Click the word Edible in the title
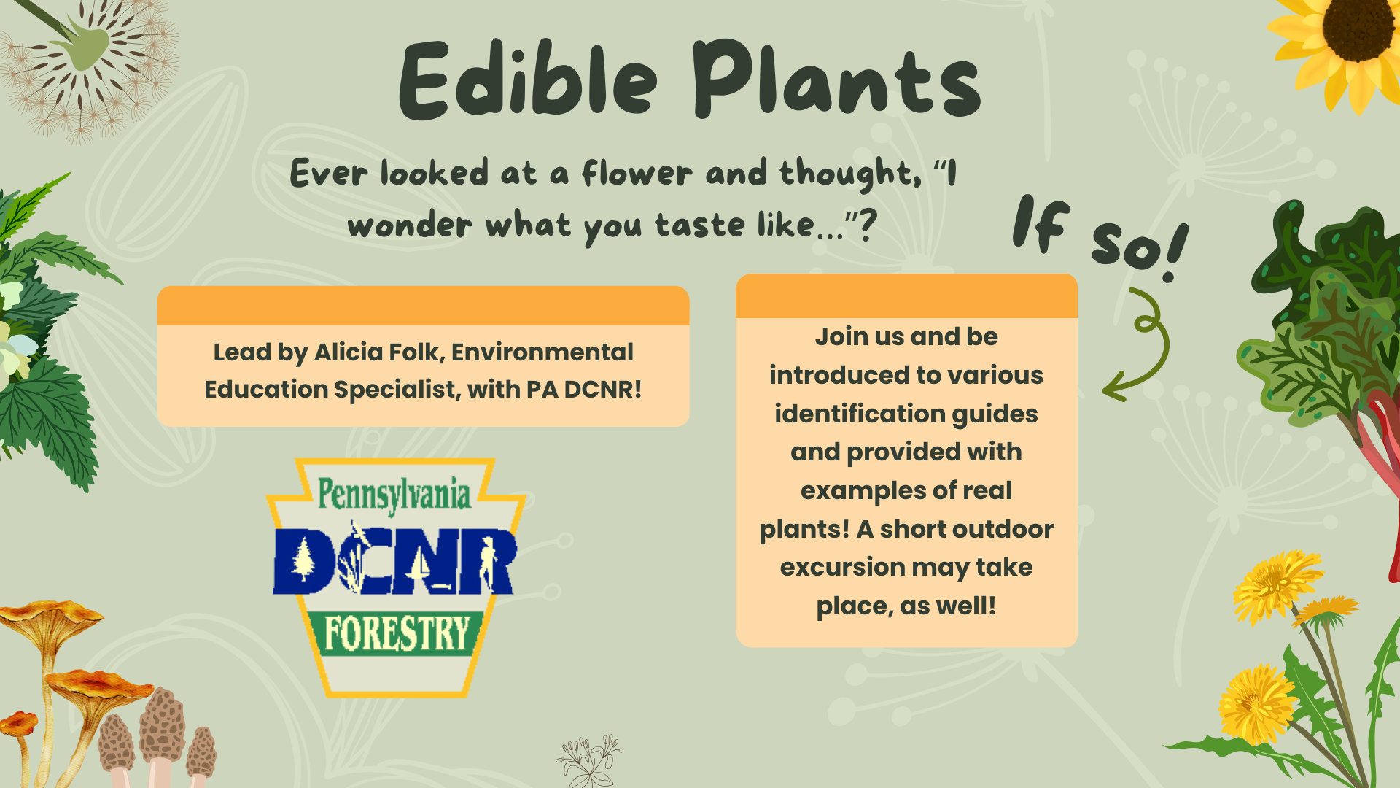(528, 81)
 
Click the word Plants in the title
(837, 79)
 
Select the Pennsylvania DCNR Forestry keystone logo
(396, 577)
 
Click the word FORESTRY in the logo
(397, 633)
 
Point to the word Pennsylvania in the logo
(394, 495)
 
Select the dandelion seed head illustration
(87, 66)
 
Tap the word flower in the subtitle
(637, 174)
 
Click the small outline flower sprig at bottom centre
(589, 760)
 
